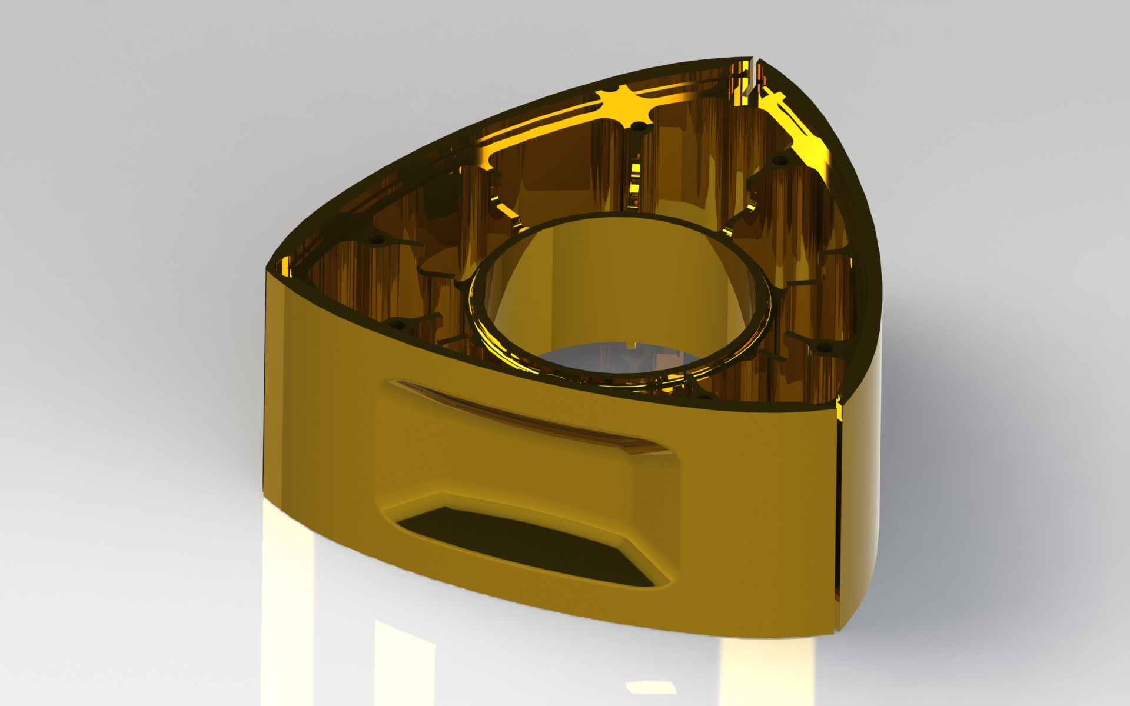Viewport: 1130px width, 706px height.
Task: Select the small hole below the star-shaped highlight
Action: (637, 125)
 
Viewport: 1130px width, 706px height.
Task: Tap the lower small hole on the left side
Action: (401, 324)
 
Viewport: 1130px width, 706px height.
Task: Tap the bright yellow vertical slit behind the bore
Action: (636, 176)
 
